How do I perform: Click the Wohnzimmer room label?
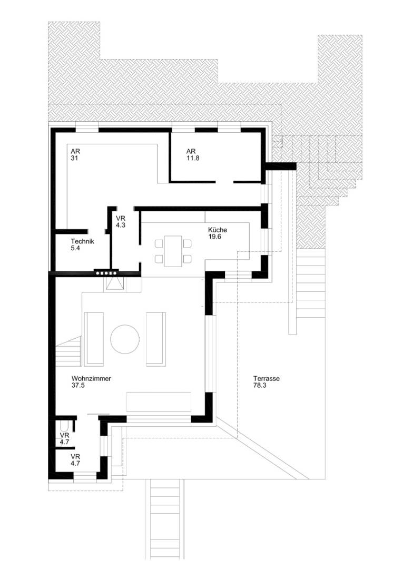pos(91,378)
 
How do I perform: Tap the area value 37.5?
pos(78,386)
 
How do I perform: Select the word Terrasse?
pos(266,378)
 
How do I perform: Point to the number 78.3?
pos(260,386)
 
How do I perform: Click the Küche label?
pos(217,230)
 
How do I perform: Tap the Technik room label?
pos(82,242)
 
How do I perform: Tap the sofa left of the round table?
pos(94,338)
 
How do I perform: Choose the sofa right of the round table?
pos(155,338)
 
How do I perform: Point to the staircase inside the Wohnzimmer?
pos(67,352)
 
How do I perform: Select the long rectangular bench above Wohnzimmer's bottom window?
pos(159,402)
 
